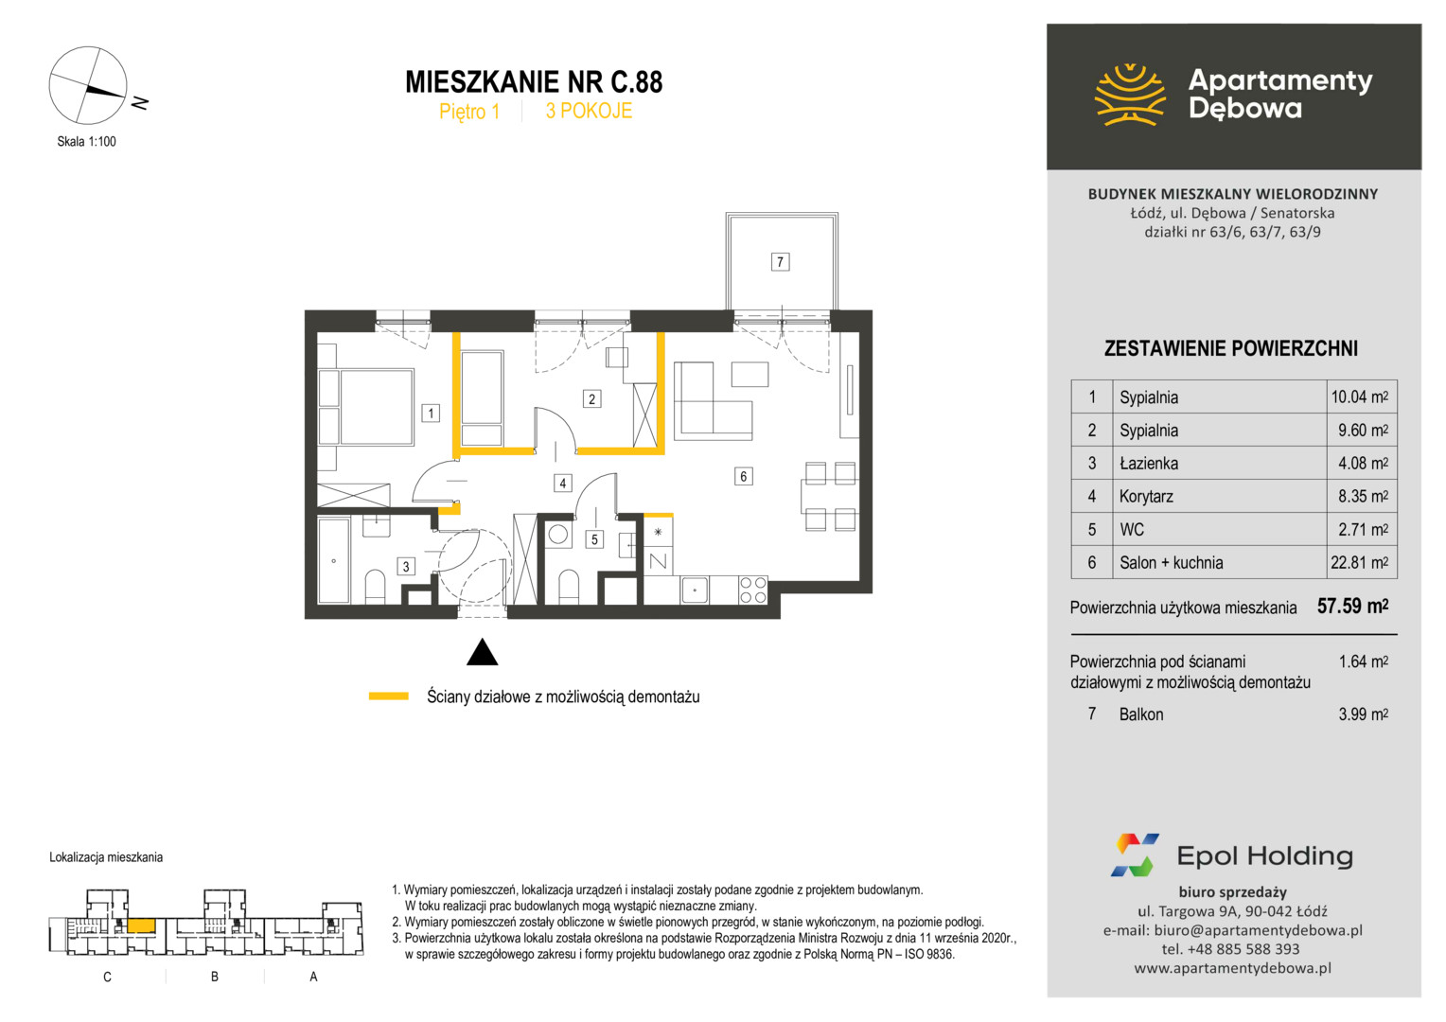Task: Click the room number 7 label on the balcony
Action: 780,262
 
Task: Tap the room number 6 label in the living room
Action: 743,476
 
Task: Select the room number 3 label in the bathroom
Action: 405,567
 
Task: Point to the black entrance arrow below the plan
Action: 482,651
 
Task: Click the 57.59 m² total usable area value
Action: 1352,606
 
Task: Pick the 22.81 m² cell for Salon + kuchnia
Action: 1359,562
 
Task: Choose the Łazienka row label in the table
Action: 1149,463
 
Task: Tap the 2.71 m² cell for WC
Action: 1363,529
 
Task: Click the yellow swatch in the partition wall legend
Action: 388,696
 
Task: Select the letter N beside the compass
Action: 140,102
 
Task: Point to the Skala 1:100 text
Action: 86,141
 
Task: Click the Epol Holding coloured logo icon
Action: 1135,855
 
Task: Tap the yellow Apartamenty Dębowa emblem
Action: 1130,95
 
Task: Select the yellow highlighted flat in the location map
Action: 141,925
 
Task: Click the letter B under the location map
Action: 214,977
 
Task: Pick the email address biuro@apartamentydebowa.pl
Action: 1258,930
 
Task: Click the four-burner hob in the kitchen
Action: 752,590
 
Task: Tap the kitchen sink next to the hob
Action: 695,590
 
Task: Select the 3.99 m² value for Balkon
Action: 1363,714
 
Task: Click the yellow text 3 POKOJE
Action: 588,111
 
